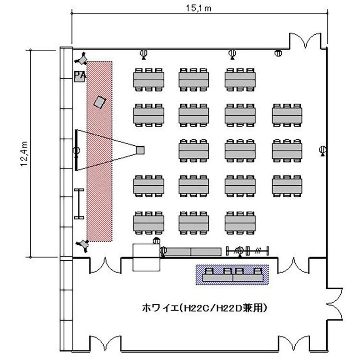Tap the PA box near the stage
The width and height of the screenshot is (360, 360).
click(x=80, y=76)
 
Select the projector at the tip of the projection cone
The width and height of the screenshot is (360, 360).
click(x=140, y=150)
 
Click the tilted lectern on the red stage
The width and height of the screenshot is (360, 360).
click(x=100, y=102)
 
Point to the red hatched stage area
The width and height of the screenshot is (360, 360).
click(x=99, y=192)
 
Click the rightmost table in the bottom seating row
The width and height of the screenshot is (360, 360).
click(x=240, y=222)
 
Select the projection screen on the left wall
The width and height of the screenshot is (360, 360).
click(x=76, y=150)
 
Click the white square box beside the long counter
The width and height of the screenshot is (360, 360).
click(x=145, y=257)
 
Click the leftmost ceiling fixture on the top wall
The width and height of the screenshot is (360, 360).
click(x=143, y=53)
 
